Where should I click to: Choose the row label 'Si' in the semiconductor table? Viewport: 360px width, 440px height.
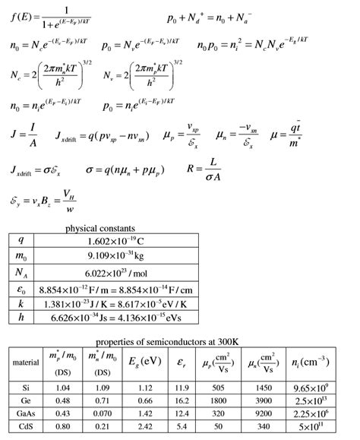(x=25, y=388)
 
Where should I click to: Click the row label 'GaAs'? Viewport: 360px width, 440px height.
(x=25, y=415)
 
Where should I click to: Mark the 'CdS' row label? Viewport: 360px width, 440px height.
(x=25, y=429)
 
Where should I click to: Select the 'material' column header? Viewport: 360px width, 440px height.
(x=25, y=362)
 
